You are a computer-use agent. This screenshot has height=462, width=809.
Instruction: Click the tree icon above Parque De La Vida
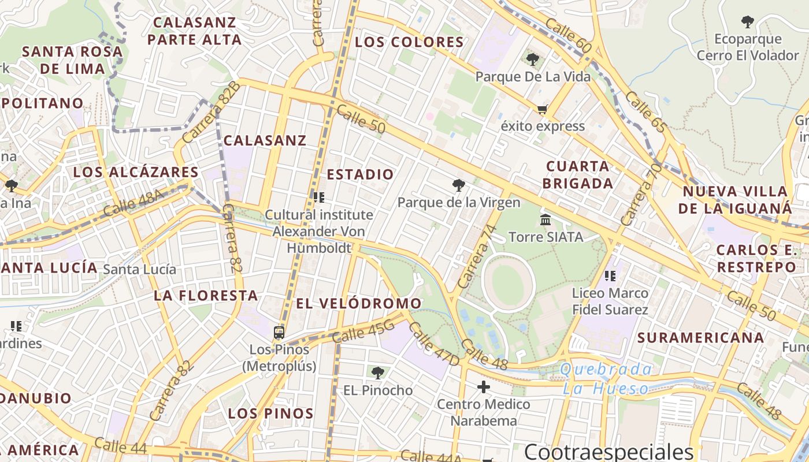[x=532, y=59]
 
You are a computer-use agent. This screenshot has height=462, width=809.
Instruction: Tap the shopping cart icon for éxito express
[x=542, y=109]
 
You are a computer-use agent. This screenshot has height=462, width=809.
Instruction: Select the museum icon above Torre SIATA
[x=545, y=219]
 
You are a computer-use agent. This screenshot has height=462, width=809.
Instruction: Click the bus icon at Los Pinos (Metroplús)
[x=279, y=332]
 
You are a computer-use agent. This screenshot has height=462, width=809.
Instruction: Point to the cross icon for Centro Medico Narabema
[x=484, y=386]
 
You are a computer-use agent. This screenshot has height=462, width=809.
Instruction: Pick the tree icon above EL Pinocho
[x=377, y=373]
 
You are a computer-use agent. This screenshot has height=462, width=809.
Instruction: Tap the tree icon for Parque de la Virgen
[x=459, y=185]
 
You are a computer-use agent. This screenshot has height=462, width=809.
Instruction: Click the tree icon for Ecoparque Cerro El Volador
[x=747, y=22]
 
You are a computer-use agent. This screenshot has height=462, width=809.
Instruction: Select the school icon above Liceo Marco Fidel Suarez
[x=610, y=276]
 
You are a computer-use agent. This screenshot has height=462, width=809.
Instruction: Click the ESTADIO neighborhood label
[x=360, y=174]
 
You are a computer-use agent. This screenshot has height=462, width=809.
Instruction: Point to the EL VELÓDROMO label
[x=359, y=303]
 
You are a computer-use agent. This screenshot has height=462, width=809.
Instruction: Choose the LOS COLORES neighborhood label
[x=409, y=42]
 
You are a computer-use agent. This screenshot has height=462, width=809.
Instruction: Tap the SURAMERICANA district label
[x=700, y=337]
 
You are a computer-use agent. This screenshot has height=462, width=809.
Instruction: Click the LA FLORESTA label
[x=206, y=296]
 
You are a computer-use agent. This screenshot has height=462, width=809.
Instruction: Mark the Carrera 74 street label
[x=477, y=256]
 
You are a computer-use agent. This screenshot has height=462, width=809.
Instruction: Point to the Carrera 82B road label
[x=211, y=112]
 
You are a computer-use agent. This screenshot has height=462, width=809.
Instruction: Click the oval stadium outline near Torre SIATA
[x=509, y=283]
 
